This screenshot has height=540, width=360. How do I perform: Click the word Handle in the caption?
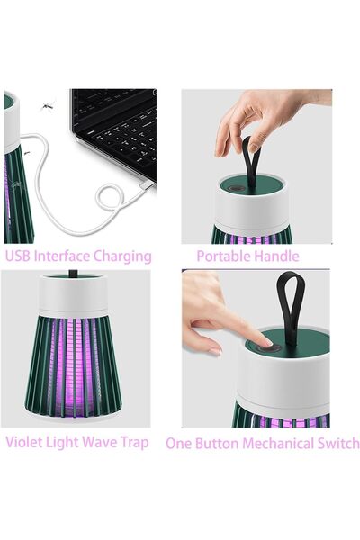pyautogui.click(x=276, y=256)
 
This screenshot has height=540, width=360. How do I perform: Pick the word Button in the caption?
pyautogui.click(x=213, y=443)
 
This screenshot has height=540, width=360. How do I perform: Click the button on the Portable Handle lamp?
pyautogui.click(x=236, y=189)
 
